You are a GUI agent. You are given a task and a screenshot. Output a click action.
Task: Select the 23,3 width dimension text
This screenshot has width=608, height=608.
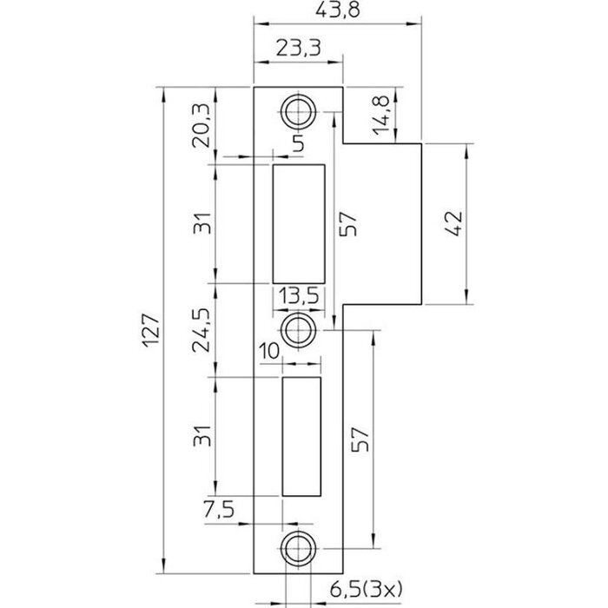coord(296,50)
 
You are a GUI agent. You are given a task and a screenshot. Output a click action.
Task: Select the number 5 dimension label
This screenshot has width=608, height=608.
coord(297,144)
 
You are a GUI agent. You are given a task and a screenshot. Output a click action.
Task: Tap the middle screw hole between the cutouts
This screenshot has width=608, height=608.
coord(298,328)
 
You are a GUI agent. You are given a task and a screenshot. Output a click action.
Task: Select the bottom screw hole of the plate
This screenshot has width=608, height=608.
coord(298,547)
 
